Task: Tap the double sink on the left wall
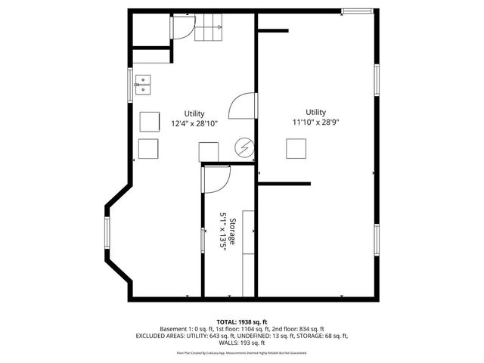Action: point(143,84)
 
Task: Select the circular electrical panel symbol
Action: point(244,147)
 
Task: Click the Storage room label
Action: point(233,231)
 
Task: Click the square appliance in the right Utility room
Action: point(295,149)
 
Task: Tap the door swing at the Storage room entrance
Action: point(217,178)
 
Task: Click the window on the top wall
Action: point(356,11)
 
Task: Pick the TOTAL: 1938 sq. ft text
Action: point(241,321)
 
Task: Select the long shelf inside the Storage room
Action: point(248,253)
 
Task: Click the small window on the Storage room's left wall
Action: point(202,240)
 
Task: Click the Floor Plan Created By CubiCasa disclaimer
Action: point(241,352)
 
